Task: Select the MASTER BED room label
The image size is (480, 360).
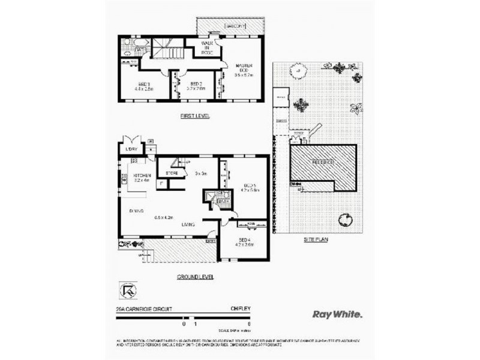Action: (x=242, y=67)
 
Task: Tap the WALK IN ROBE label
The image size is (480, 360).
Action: (x=208, y=49)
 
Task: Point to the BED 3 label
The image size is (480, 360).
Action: (x=144, y=83)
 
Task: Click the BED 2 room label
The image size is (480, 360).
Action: (x=196, y=83)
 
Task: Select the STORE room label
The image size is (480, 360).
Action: (x=171, y=174)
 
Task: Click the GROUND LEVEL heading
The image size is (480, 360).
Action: (x=195, y=277)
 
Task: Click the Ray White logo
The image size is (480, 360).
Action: (x=338, y=313)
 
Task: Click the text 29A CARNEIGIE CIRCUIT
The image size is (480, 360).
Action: (x=144, y=309)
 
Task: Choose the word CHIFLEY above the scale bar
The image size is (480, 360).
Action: (x=240, y=309)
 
